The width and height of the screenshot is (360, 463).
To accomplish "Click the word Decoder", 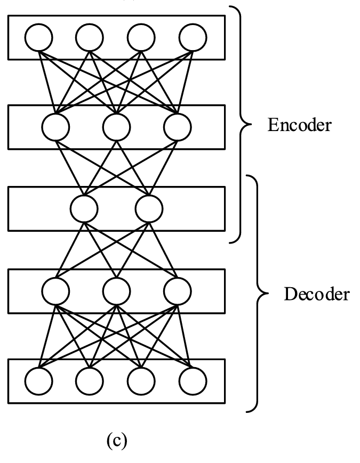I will [x=317, y=294].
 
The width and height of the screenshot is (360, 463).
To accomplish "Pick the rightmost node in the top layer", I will [x=192, y=37].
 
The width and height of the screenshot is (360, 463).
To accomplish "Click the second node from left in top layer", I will [x=89, y=37].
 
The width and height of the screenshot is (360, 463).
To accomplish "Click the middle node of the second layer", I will [x=117, y=127].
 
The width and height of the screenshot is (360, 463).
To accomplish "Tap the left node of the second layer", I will [x=56, y=127].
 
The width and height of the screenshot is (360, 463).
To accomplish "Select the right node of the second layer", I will [x=178, y=127].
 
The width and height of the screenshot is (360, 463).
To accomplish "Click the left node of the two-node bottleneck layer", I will [x=84, y=208].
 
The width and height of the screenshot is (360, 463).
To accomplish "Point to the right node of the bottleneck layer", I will [x=149, y=208].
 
